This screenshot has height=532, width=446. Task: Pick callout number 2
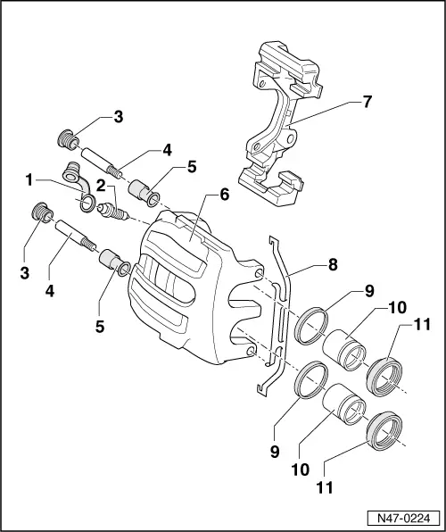(x=103, y=185)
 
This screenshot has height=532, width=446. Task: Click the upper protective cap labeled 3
(x=65, y=140)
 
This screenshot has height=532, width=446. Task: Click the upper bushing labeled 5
(x=145, y=191)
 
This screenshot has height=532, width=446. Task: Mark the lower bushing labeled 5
(x=115, y=261)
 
